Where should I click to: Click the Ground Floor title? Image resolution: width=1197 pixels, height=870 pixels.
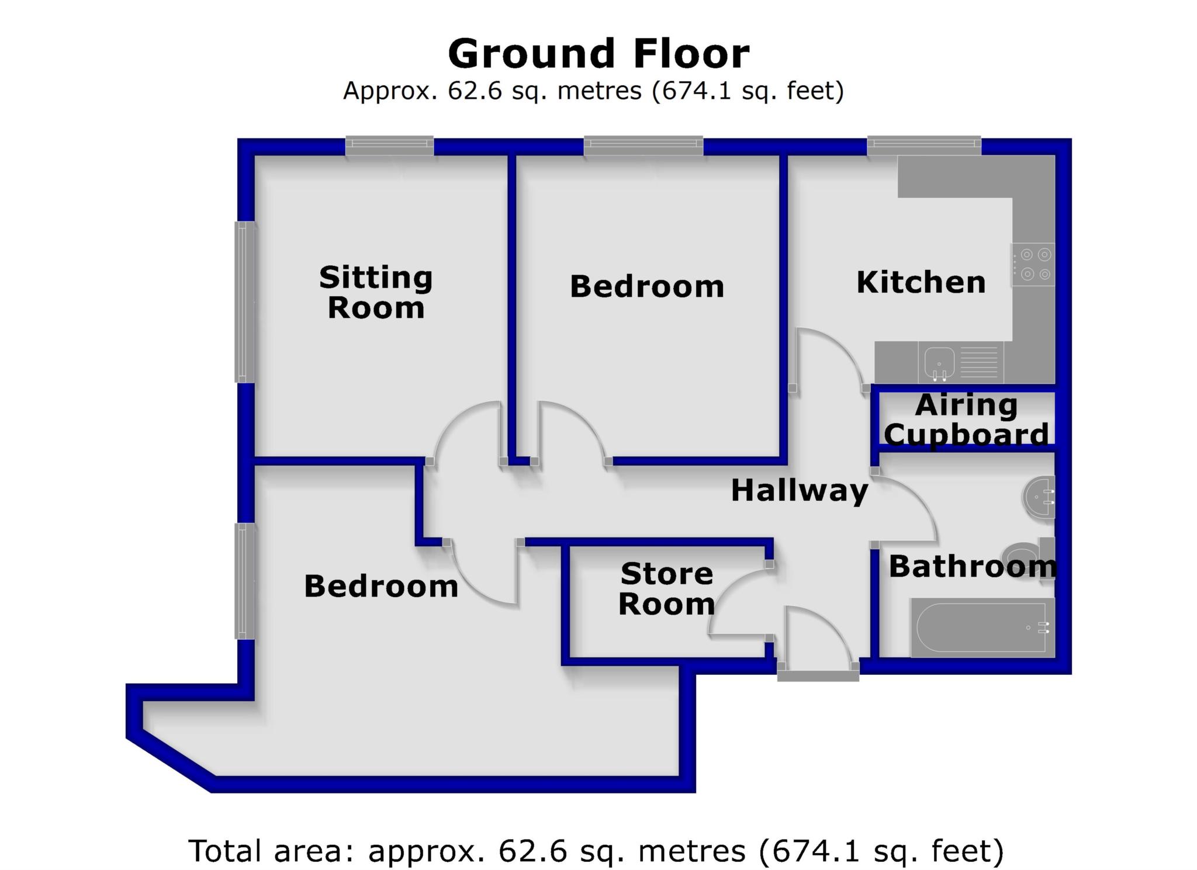click(x=598, y=54)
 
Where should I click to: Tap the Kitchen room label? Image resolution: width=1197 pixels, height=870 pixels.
click(x=921, y=282)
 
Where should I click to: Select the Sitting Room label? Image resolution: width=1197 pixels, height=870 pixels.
click(x=376, y=292)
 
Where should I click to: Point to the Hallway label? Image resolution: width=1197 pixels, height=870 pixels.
click(x=800, y=490)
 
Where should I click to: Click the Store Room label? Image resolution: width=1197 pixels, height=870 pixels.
click(x=666, y=589)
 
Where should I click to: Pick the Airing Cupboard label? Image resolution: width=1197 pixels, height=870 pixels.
click(x=966, y=420)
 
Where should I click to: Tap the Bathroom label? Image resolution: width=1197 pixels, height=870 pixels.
click(x=973, y=566)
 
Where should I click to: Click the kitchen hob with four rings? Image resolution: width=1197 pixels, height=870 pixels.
click(x=1033, y=264)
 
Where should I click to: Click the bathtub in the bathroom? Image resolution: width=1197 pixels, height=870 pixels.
click(x=982, y=628)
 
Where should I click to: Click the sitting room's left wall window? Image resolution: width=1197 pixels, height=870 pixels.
click(x=245, y=302)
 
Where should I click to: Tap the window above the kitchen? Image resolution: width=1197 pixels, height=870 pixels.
click(x=924, y=145)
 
